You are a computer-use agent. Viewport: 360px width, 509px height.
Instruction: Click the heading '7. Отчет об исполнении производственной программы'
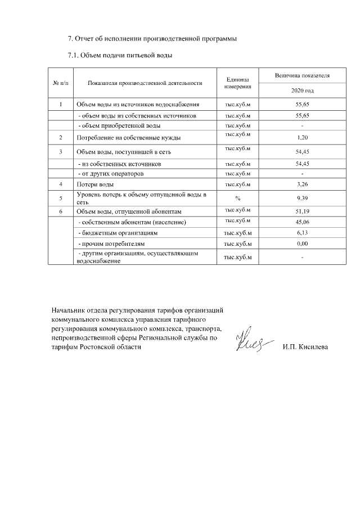pos(152,39)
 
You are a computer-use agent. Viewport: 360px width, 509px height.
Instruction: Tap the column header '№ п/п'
pos(60,83)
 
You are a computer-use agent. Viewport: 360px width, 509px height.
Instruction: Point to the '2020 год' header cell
pos(302,91)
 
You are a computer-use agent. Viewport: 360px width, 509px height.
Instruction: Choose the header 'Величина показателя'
pos(302,75)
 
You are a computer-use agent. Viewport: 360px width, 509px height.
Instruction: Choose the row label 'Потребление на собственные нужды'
pos(128,137)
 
